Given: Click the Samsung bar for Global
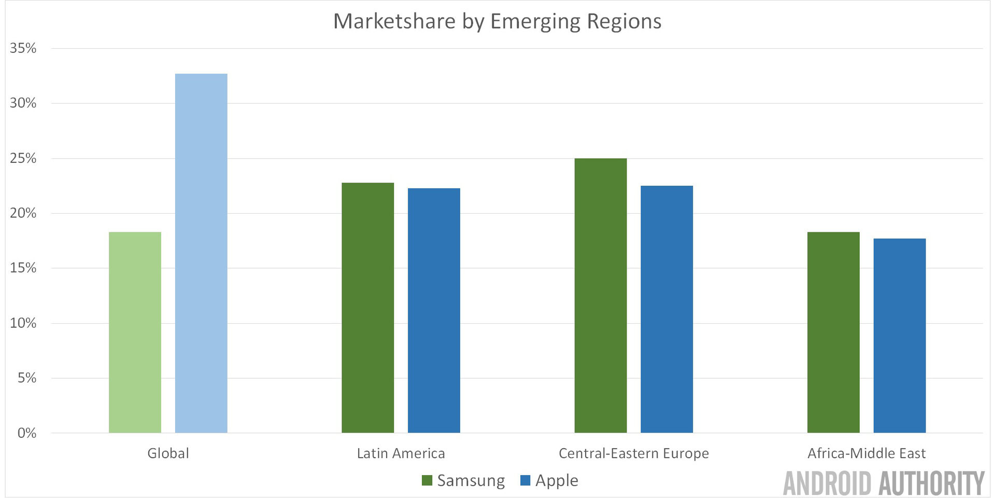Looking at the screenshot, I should tap(135, 332).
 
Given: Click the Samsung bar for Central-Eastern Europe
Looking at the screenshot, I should tap(601, 295).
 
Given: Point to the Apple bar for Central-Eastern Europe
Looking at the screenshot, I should tap(666, 309).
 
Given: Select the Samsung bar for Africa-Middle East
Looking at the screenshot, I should tap(833, 332).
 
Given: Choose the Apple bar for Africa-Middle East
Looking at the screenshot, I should tap(899, 336).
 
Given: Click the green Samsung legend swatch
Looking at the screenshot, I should tap(427, 480).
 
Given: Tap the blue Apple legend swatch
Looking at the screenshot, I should tap(525, 480).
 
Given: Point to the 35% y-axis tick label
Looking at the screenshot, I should tap(23, 48).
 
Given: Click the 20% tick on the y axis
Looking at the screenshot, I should tap(23, 213).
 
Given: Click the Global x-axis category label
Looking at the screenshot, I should tap(168, 453).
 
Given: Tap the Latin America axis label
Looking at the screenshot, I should tap(401, 453).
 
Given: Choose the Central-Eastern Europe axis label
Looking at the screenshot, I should tap(633, 453).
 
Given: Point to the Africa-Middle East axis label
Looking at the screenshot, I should tap(866, 453).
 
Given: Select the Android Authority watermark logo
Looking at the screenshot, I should tap(883, 483).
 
